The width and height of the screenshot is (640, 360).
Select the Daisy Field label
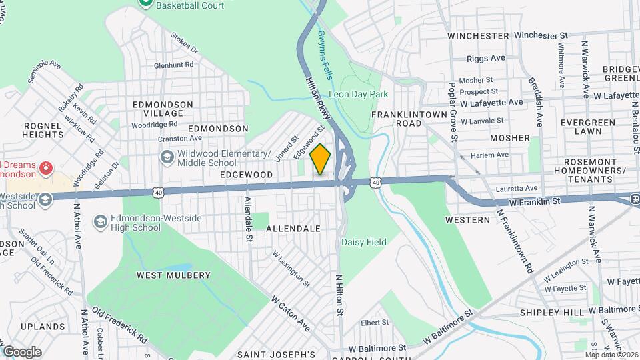point(364,243)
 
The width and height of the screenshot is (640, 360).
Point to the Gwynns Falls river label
point(325,55)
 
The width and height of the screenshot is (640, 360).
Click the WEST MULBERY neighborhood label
point(173,275)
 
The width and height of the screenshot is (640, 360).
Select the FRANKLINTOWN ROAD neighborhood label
point(405,119)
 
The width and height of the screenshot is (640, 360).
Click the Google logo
point(22,351)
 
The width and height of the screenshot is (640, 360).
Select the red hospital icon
point(45,167)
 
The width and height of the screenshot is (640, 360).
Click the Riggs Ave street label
point(486,59)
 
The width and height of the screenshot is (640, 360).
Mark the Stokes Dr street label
point(185,43)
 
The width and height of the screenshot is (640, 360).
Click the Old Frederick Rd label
point(121,325)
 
